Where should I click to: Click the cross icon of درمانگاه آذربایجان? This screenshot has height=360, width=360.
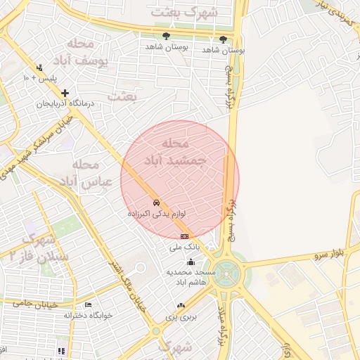65,93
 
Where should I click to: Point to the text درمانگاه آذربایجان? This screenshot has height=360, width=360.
67,104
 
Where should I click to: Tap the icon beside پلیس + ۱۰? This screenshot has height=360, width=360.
39,68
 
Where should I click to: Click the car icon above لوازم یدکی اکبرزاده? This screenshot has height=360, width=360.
156,202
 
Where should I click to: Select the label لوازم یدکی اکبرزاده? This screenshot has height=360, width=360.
156,212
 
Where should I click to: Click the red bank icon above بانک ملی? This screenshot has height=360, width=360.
184,236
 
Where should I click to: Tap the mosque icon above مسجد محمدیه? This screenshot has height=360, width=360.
190,262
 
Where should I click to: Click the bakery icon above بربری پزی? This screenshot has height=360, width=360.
181,305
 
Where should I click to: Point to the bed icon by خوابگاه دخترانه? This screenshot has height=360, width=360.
88,305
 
